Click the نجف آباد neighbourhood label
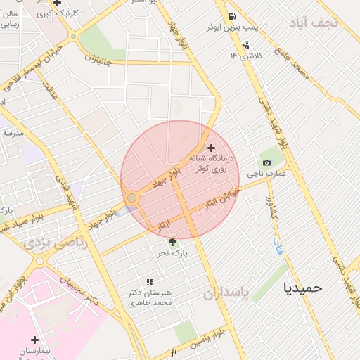(x=317, y=22)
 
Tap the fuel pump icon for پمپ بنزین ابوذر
(x=231, y=17)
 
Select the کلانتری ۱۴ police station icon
(x=245, y=46)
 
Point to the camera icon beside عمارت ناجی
(x=266, y=163)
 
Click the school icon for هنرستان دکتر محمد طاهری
(x=149, y=282)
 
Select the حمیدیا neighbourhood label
(x=302, y=287)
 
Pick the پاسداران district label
(x=226, y=293)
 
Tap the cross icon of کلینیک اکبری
(x=57, y=4)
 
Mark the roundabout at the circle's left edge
(x=131, y=198)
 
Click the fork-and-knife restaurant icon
(x=174, y=353)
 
